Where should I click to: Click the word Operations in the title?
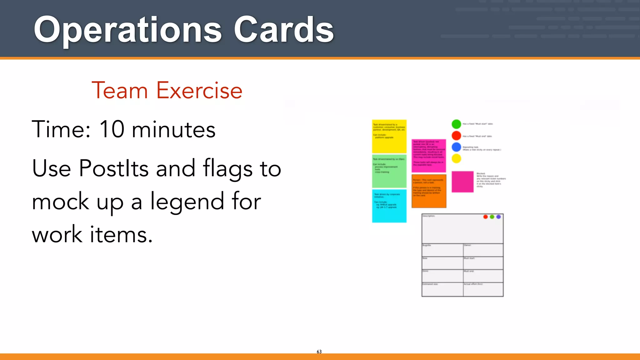coord(127,30)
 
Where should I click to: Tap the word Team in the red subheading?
coord(119,91)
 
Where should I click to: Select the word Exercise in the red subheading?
coord(199,91)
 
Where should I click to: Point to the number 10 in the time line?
coord(112,129)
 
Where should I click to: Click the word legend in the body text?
coord(187,202)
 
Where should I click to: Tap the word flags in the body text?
coord(227,169)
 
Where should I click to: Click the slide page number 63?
coord(319,352)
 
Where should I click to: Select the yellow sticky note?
coord(389,136)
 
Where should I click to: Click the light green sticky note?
coord(389,171)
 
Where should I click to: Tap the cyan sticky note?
coord(389,206)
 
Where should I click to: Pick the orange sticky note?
coord(429,191)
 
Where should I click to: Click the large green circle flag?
coord(456,124)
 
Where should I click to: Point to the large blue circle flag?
coord(456,147)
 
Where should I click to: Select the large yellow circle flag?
coord(456,158)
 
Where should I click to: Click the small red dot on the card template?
coord(485,217)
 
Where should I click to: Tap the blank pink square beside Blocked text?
coord(462,182)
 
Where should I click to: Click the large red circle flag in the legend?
coord(456,136)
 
